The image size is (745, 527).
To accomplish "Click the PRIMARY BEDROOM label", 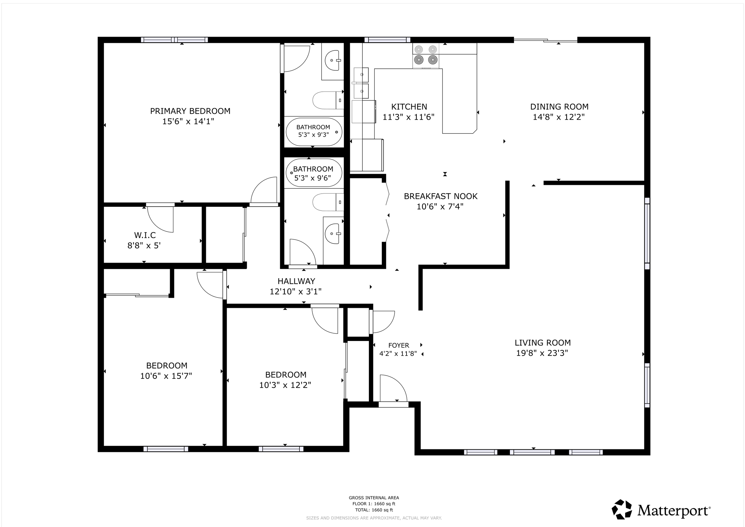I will pyautogui.click(x=190, y=111).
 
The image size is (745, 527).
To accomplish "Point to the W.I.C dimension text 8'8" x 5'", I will pyautogui.click(x=144, y=246).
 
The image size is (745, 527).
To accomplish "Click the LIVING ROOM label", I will pyautogui.click(x=543, y=343).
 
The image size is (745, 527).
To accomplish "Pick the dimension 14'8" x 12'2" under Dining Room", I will pyautogui.click(x=559, y=117).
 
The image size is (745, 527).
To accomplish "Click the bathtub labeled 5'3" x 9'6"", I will pyautogui.click(x=314, y=173).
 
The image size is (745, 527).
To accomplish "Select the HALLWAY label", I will pyautogui.click(x=296, y=281).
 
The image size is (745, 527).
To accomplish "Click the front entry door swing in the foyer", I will pyautogui.click(x=393, y=389).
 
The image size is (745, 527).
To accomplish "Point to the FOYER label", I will pyautogui.click(x=398, y=345).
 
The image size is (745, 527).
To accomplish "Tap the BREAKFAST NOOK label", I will pyautogui.click(x=440, y=196).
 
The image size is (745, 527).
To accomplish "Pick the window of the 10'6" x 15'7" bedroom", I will pyautogui.click(x=166, y=449).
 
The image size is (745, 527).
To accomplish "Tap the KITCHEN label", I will pyautogui.click(x=409, y=107).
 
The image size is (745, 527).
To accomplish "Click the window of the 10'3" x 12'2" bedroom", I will pyautogui.click(x=281, y=449).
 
